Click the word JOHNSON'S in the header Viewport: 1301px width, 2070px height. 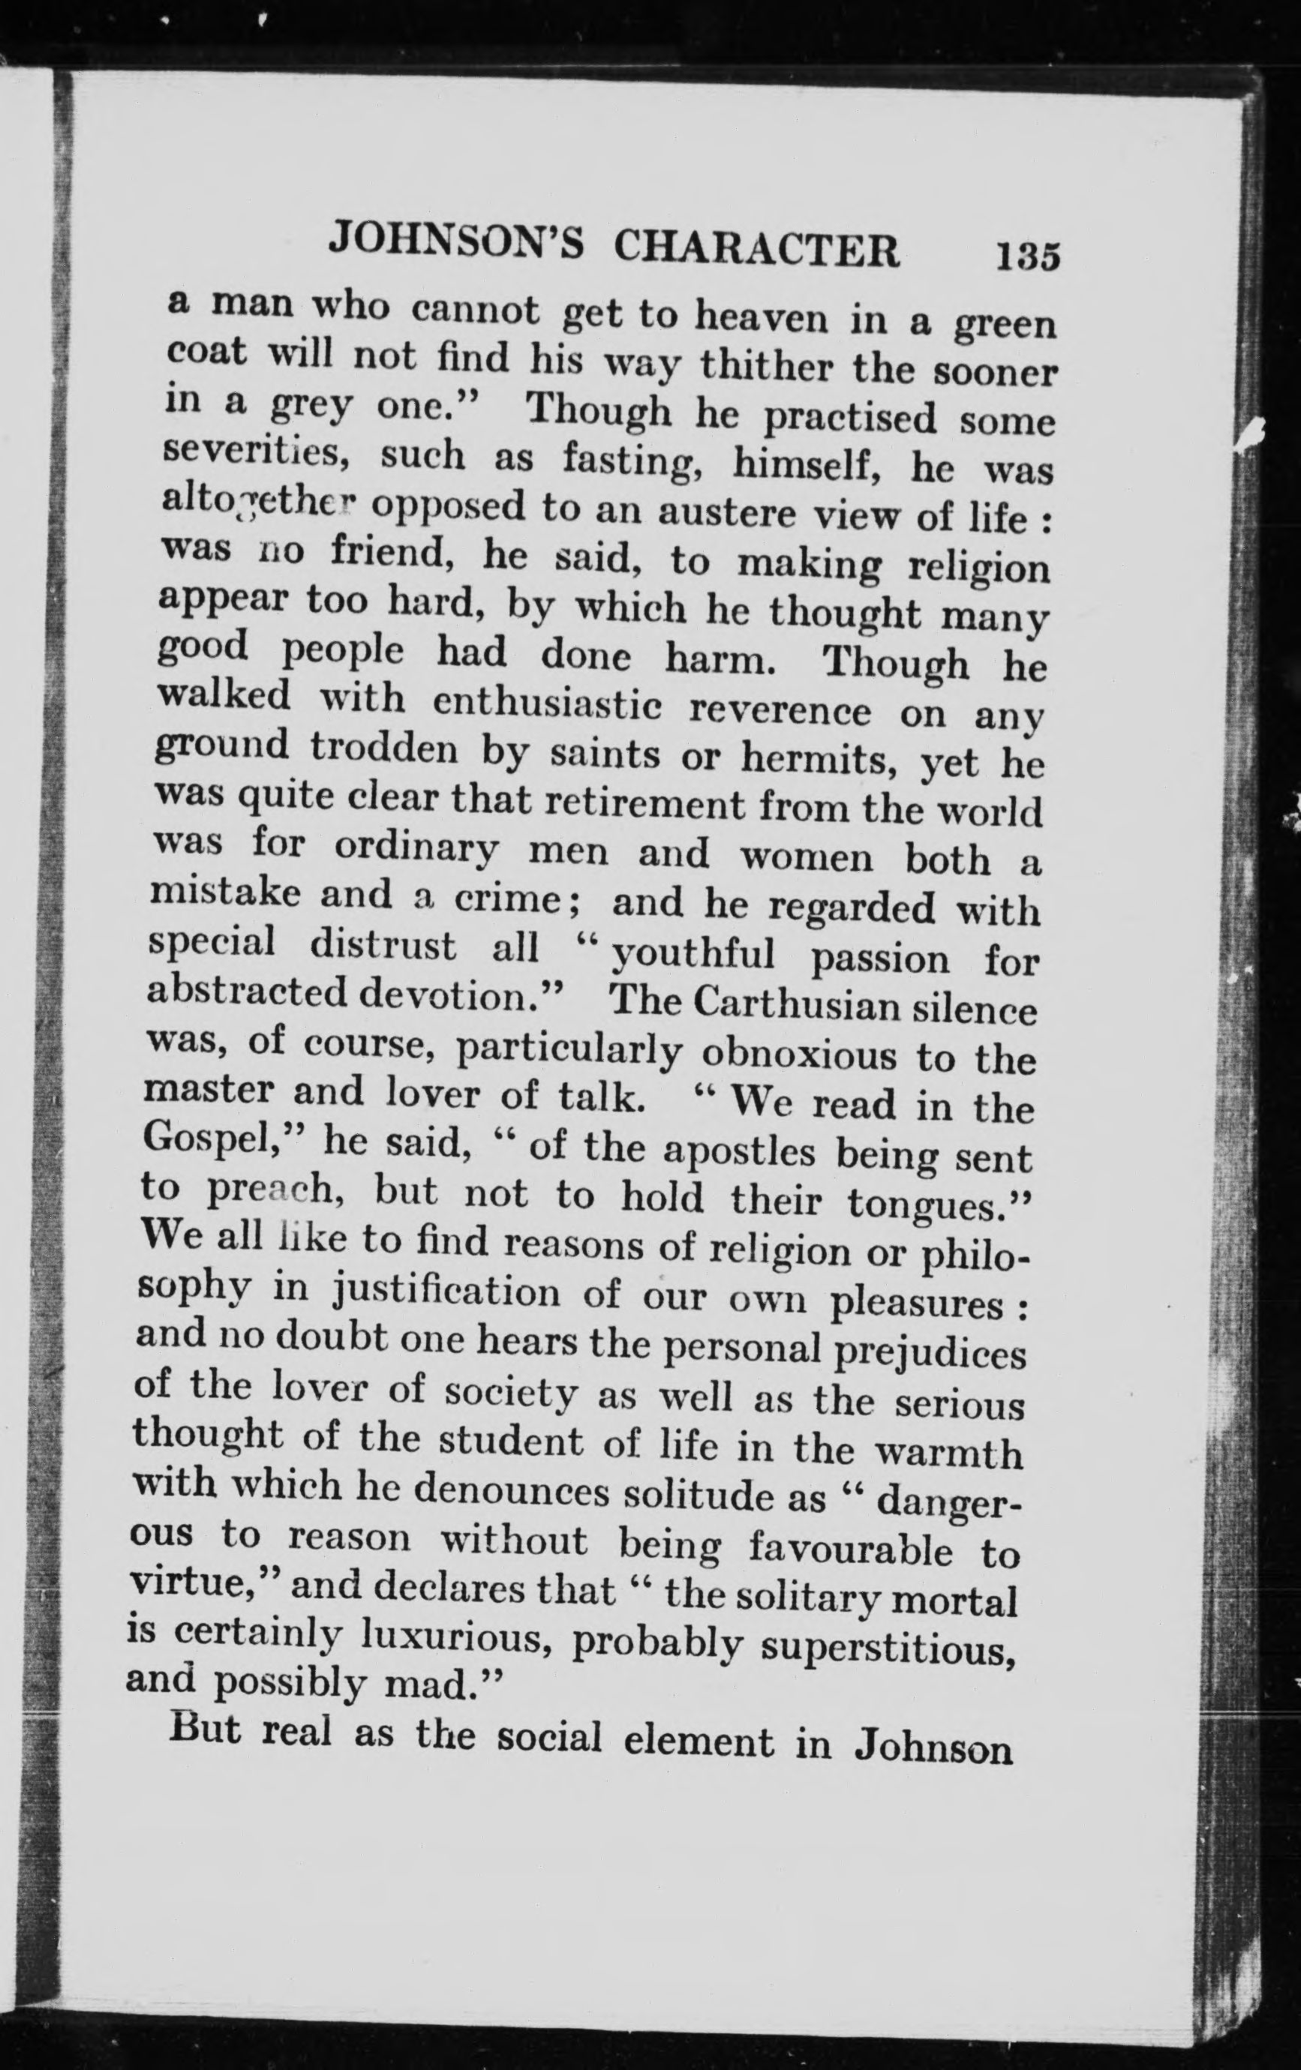[x=455, y=243]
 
